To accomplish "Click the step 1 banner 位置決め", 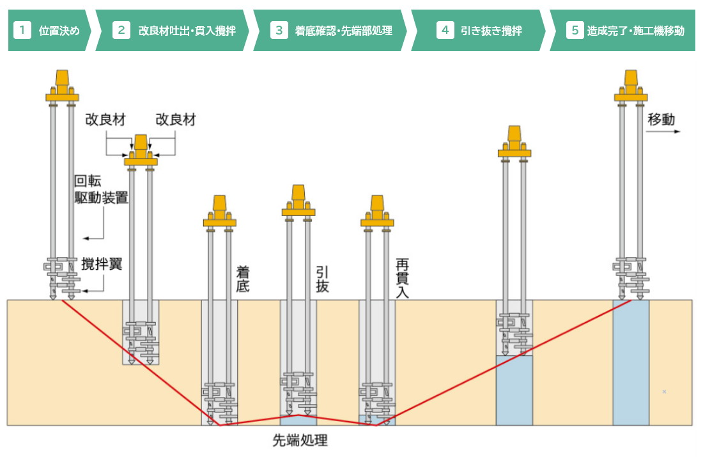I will (50, 30).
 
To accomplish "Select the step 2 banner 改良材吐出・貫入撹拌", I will (173, 30).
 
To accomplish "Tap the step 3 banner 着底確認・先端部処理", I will (331, 30).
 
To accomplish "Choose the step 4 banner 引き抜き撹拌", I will (479, 30).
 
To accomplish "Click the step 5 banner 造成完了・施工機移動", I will (623, 30).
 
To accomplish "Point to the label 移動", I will (661, 120).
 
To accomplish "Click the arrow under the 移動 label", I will (663, 132).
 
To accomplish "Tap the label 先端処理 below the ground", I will (300, 440).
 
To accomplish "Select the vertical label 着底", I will (243, 279).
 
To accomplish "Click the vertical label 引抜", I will (322, 279).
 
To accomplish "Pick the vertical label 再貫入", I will (402, 279).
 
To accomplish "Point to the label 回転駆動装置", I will (101, 190).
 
